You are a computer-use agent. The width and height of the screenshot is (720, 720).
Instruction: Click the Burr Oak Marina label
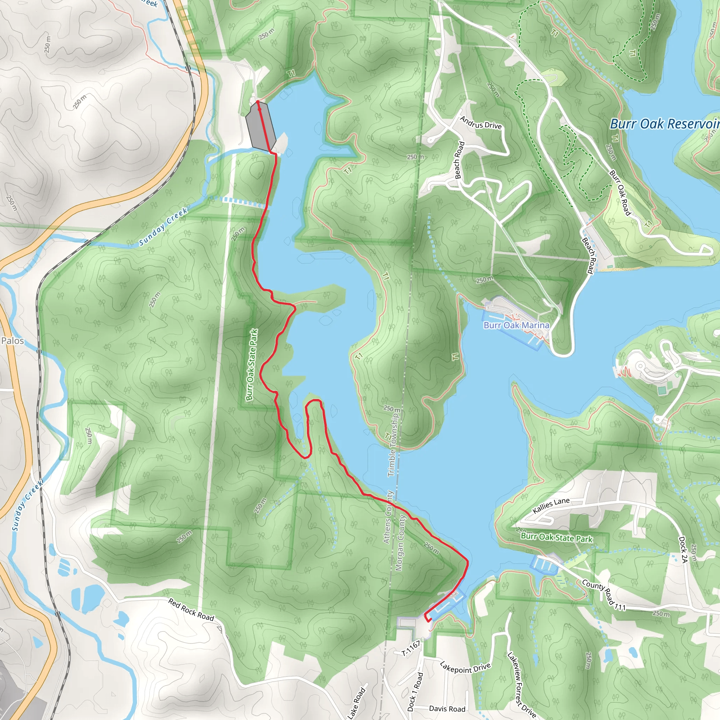pyautogui.click(x=516, y=325)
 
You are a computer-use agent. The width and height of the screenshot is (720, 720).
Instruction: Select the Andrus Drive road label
pyautogui.click(x=480, y=123)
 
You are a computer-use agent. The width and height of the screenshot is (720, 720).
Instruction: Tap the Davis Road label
pyautogui.click(x=447, y=709)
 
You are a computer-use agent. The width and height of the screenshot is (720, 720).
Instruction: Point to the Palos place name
pyautogui.click(x=13, y=341)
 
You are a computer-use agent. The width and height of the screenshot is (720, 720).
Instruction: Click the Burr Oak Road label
pyautogui.click(x=619, y=193)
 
